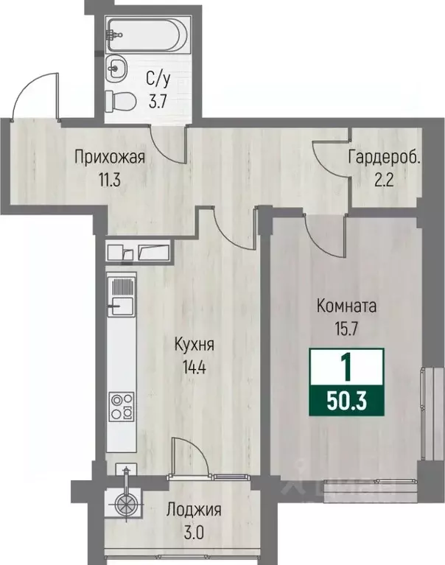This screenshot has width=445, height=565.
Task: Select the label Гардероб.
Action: click(x=385, y=157)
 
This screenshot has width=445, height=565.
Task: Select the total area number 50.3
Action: click(x=347, y=402)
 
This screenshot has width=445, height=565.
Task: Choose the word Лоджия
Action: click(x=194, y=510)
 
